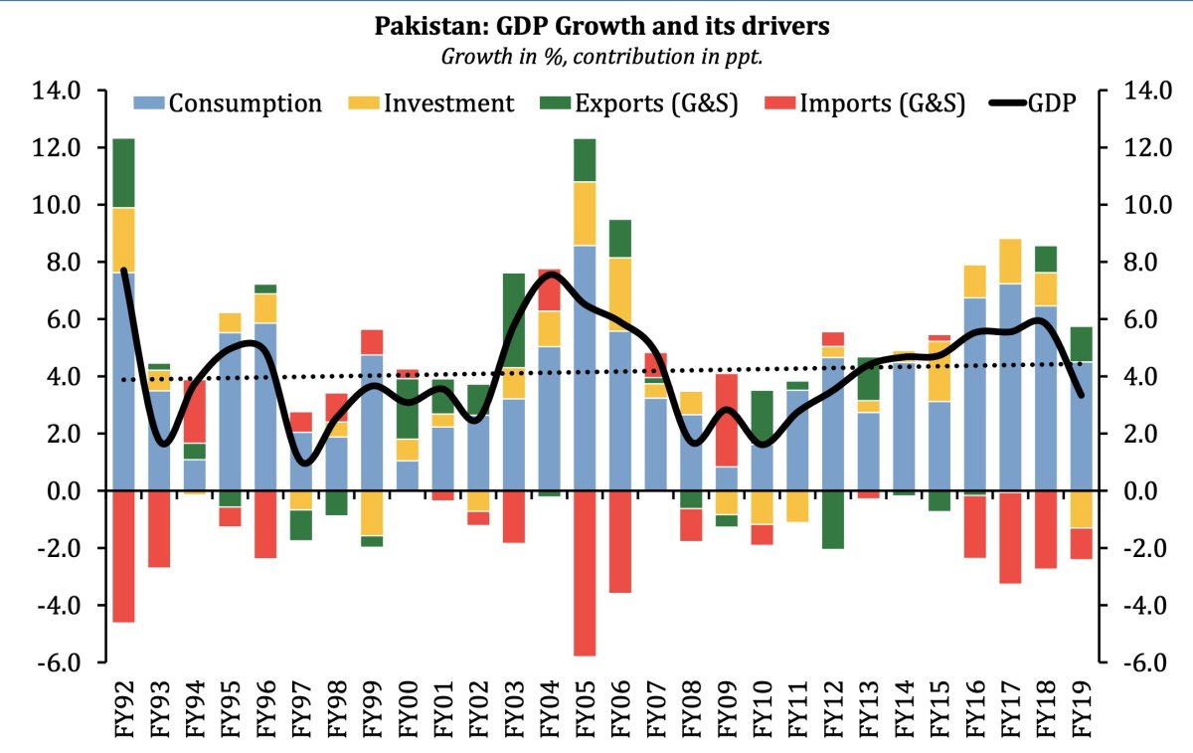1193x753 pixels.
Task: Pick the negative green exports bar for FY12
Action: tap(834, 519)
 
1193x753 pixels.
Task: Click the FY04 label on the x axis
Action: tap(550, 707)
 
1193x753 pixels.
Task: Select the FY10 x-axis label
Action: tap(763, 707)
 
